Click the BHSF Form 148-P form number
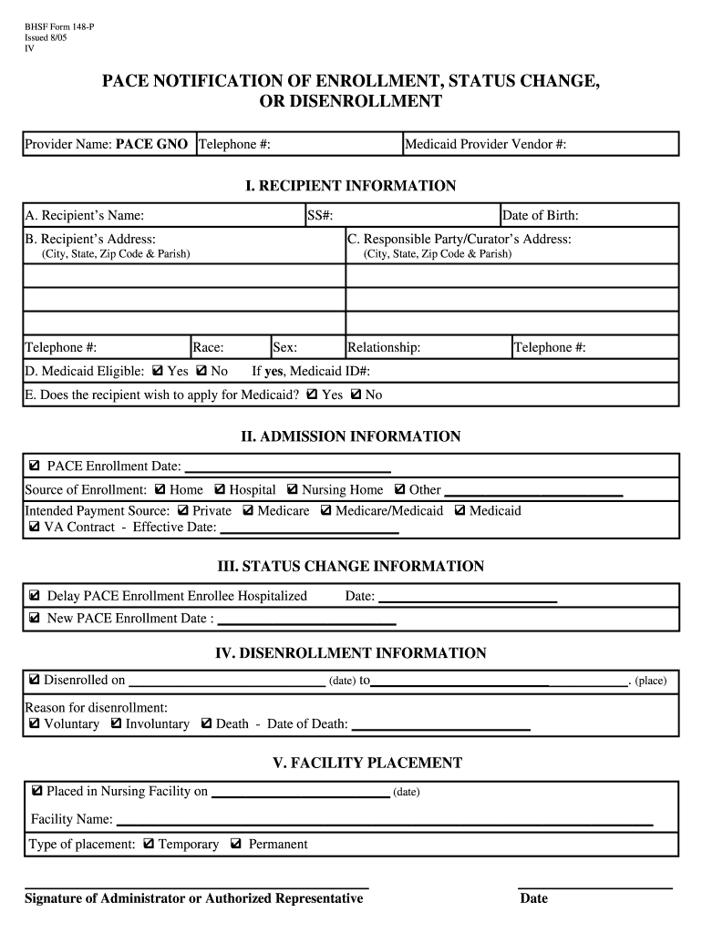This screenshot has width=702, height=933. coord(58,27)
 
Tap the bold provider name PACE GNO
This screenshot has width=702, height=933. coord(151,144)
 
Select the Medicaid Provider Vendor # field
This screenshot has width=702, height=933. coord(485,144)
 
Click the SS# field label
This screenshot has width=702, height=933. coord(319,216)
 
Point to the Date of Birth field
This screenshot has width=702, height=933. coord(541,216)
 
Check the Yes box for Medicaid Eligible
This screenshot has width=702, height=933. coord(158,372)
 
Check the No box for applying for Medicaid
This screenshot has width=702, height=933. coord(356,395)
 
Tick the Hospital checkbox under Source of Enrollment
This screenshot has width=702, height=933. coord(220,489)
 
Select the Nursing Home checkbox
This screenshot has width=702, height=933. coord(293,489)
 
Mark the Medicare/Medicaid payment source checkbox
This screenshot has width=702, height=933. coord(326,511)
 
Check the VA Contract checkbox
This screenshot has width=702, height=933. coord(35,528)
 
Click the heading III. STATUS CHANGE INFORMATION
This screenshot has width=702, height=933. coord(350,567)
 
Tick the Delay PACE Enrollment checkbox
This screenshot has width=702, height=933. coord(35,596)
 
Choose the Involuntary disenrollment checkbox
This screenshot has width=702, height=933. coord(116,723)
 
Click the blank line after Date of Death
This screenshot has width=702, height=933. coord(440,725)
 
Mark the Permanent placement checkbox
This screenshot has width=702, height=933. coord(236,845)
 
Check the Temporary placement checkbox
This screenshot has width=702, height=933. coord(149,845)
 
